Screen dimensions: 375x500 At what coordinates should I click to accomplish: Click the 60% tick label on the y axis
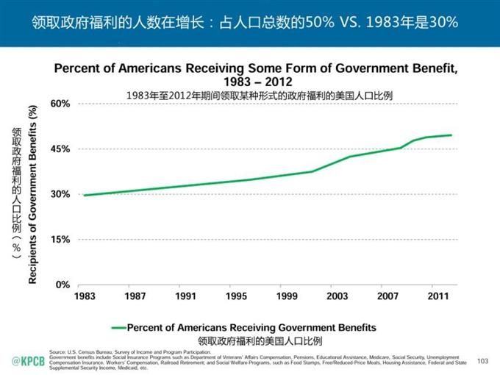tap(60, 104)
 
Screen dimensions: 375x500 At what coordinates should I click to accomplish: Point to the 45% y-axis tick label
tap(60, 149)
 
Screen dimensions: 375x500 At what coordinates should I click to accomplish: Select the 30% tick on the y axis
tap(60, 194)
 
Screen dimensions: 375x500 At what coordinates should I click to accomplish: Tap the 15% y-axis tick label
tap(60, 240)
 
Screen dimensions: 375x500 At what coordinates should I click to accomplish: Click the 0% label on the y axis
tap(63, 285)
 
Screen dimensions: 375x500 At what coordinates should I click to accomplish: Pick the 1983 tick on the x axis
tap(85, 296)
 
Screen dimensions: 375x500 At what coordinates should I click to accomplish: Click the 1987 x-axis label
tap(135, 296)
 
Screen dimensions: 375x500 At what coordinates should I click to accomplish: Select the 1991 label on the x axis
tap(186, 296)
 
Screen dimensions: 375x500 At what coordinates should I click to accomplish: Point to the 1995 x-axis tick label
tap(236, 296)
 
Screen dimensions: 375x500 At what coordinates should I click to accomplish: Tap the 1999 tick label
tap(287, 296)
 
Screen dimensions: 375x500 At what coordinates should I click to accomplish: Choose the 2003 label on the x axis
tap(337, 296)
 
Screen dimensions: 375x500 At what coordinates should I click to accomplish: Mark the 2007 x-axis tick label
tap(387, 296)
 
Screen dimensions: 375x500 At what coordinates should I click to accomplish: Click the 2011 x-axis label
tap(438, 296)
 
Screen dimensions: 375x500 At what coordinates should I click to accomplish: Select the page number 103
tap(482, 360)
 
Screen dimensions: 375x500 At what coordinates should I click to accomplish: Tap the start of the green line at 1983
tap(85, 195)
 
